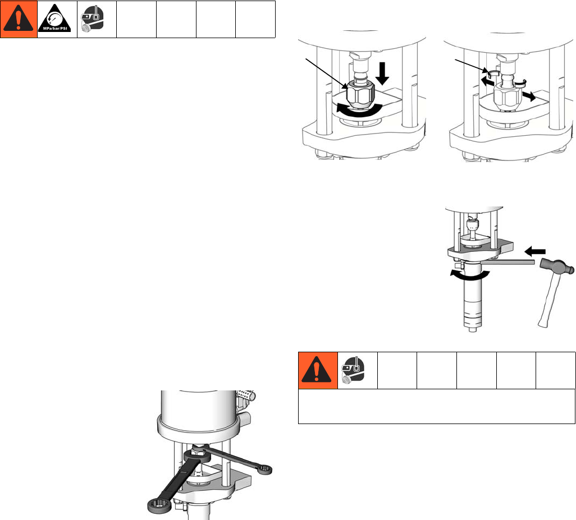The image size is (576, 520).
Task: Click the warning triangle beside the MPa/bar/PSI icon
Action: [x=19, y=20]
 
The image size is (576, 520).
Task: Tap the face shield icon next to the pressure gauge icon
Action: [x=97, y=20]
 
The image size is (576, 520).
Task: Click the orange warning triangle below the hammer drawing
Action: [x=317, y=370]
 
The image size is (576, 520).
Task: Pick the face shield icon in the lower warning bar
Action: [x=357, y=370]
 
